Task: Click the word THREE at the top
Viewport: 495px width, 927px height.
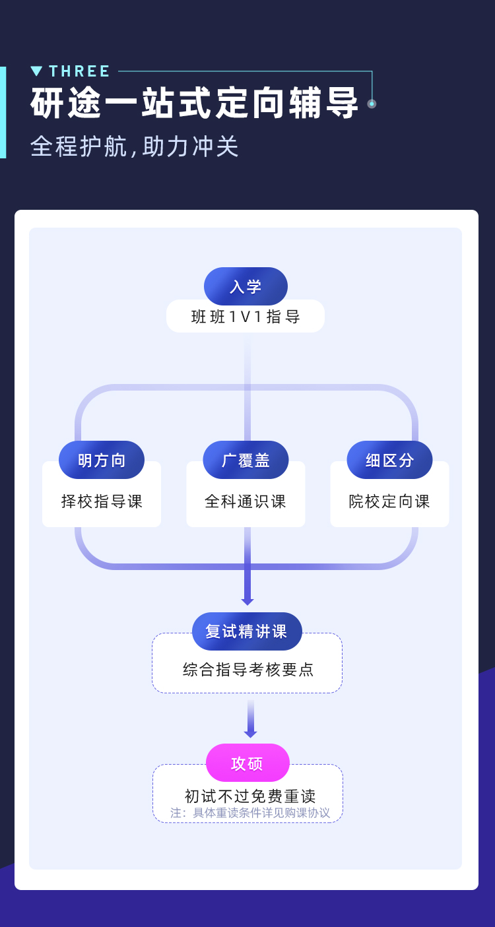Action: click(79, 71)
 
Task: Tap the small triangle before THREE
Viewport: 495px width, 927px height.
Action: click(36, 71)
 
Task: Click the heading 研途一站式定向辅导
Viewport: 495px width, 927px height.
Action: click(195, 103)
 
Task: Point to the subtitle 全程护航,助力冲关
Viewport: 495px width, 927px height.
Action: click(135, 146)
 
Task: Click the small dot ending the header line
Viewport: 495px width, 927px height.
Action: click(372, 104)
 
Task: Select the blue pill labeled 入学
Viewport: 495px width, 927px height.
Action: click(246, 286)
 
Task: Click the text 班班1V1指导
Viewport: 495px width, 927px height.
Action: click(246, 317)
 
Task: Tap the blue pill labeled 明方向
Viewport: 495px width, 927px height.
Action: click(102, 460)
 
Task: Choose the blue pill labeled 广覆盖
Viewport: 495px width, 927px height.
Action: click(246, 460)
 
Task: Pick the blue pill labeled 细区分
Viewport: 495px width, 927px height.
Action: click(389, 460)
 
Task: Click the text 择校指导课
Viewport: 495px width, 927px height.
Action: click(102, 501)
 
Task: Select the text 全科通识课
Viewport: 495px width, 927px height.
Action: click(246, 501)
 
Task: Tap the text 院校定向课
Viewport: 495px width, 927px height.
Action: click(389, 501)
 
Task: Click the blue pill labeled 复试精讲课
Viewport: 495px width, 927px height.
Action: click(247, 631)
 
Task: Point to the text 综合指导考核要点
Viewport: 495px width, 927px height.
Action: click(248, 670)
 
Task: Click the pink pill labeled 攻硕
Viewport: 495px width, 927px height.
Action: click(247, 763)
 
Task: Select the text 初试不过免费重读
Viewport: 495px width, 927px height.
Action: click(250, 796)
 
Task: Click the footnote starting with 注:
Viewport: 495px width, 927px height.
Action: click(250, 813)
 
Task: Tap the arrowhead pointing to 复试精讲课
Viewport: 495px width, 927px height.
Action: click(247, 602)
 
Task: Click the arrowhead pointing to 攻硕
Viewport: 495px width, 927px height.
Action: click(250, 734)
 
